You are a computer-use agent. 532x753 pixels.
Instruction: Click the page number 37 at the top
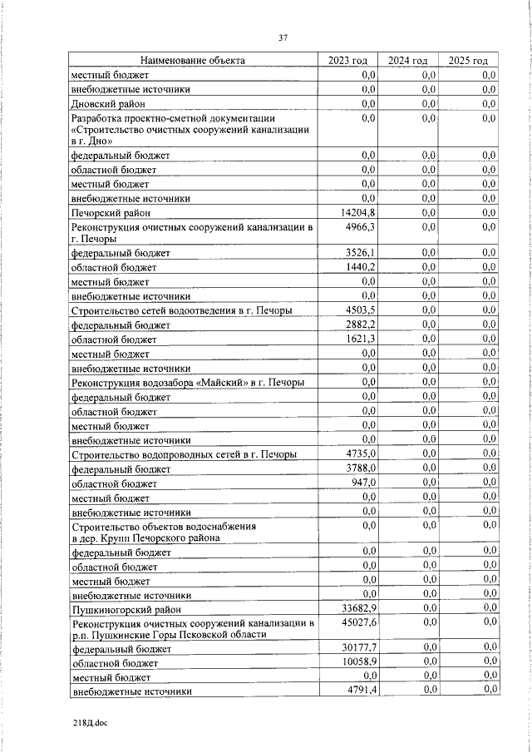[x=283, y=37]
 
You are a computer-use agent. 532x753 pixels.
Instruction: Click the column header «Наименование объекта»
[x=192, y=61]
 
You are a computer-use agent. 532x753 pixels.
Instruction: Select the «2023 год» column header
[x=348, y=61]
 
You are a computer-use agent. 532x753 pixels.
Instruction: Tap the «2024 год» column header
[x=408, y=61]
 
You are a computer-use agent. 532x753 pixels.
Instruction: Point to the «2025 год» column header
[x=468, y=61]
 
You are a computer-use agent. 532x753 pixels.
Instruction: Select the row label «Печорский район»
[x=112, y=213]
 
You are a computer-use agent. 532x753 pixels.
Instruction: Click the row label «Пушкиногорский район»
[x=121, y=610]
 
